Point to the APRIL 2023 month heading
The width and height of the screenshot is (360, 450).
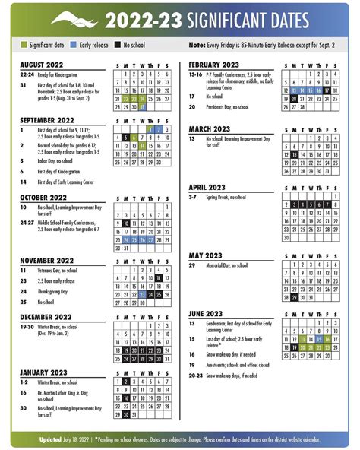coord(207,187)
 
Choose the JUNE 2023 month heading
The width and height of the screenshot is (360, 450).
coord(205,313)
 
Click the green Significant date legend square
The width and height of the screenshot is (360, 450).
coord(24,46)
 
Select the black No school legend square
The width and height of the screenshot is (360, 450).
coord(118,46)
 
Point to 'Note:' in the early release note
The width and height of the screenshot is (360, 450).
coord(197,46)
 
